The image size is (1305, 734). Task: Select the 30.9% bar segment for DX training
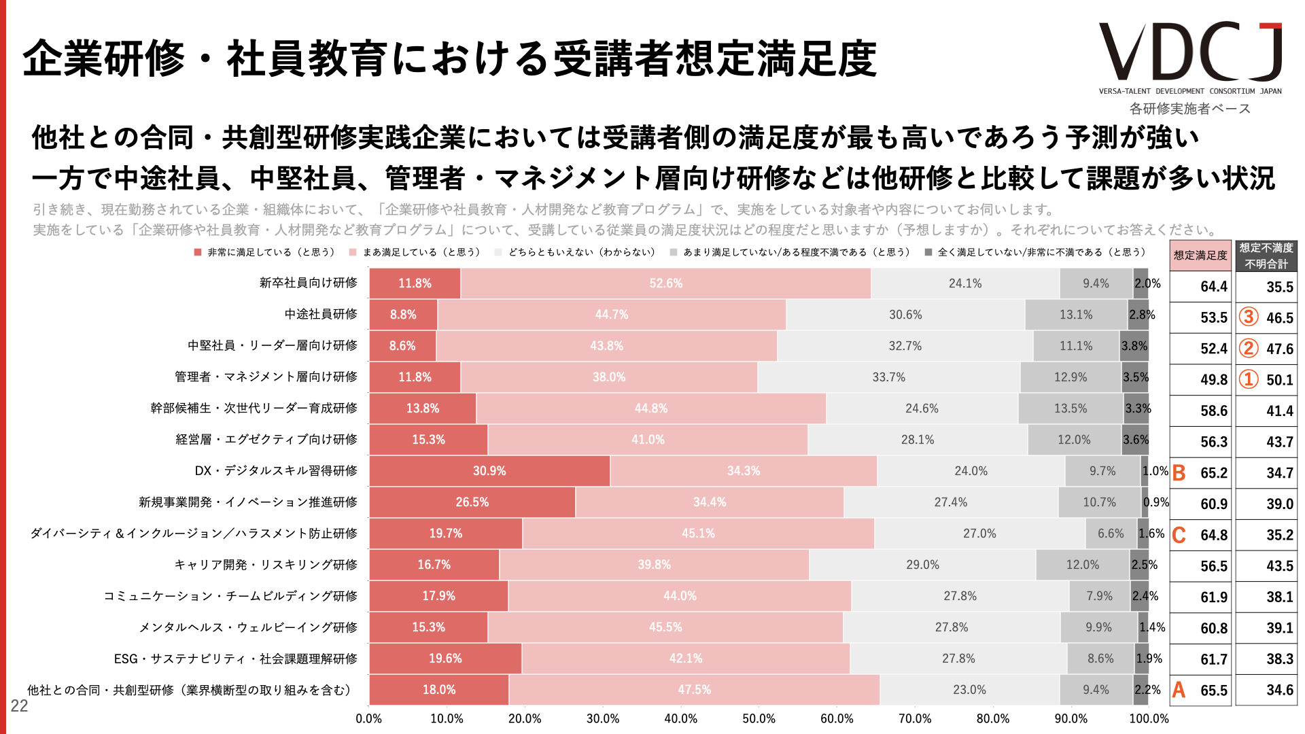pos(489,471)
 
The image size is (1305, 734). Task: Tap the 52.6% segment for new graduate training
pos(665,283)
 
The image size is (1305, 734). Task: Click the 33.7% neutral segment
pos(888,377)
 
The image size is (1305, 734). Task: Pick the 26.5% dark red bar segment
pos(472,502)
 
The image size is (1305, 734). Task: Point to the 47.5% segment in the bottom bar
pos(694,690)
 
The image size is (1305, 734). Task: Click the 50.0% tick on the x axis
pos(759,719)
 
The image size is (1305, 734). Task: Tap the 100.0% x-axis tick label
pos(1149,719)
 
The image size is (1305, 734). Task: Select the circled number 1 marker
pos(1248,379)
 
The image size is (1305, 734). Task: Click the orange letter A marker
pos(1179,691)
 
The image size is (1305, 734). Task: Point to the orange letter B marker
pos(1179,473)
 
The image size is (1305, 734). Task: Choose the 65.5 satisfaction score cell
pos(1213,691)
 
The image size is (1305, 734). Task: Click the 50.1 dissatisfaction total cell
pos(1279,380)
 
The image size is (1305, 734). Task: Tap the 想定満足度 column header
pos(1200,256)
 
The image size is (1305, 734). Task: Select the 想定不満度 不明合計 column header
pos(1266,256)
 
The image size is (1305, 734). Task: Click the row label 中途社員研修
pos(321,314)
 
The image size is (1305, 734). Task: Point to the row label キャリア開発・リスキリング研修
pos(266,565)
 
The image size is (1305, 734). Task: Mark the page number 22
pos(19,706)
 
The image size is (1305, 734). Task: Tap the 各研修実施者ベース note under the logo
pos(1189,109)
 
